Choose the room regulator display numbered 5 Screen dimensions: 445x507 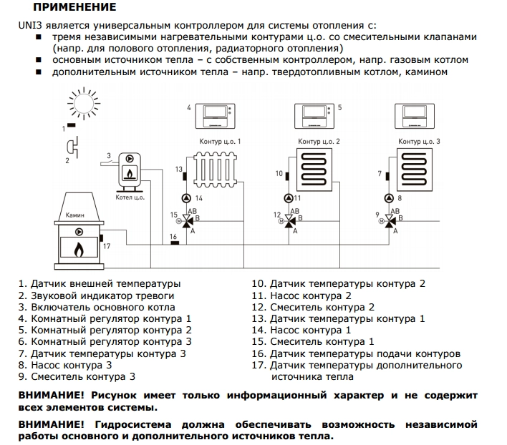coord(315,113)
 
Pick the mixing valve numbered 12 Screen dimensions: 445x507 coord(289,222)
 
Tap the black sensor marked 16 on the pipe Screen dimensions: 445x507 coord(173,244)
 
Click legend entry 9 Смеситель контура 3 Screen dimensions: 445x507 coord(77,376)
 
